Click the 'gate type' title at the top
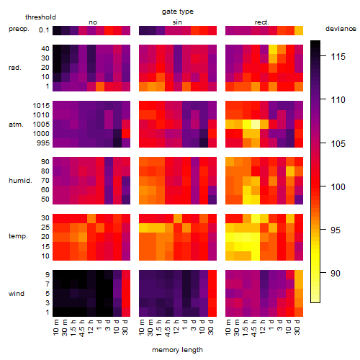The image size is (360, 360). (x=178, y=12)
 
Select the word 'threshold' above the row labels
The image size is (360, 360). (x=40, y=17)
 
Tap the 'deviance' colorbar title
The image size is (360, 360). (x=341, y=29)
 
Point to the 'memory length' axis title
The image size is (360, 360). (x=177, y=350)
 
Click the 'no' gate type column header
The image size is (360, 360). (x=93, y=22)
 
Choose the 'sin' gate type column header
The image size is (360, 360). (x=177, y=22)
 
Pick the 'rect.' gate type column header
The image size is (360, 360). (x=261, y=22)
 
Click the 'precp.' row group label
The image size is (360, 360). (x=19, y=29)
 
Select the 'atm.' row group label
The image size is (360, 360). (x=16, y=125)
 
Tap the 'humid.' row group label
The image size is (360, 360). (x=20, y=180)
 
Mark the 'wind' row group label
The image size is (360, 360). (x=17, y=294)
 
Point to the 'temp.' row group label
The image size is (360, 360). (x=18, y=236)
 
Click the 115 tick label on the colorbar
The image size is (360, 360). (x=338, y=57)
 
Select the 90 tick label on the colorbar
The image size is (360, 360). (x=336, y=273)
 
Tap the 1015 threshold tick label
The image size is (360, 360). (x=41, y=106)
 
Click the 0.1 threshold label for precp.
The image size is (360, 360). (x=44, y=30)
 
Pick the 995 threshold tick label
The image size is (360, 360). (x=43, y=143)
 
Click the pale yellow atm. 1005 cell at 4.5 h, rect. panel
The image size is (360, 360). (x=256, y=124)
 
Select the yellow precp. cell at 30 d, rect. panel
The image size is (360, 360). (x=299, y=30)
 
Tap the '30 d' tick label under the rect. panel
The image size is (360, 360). (x=297, y=328)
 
